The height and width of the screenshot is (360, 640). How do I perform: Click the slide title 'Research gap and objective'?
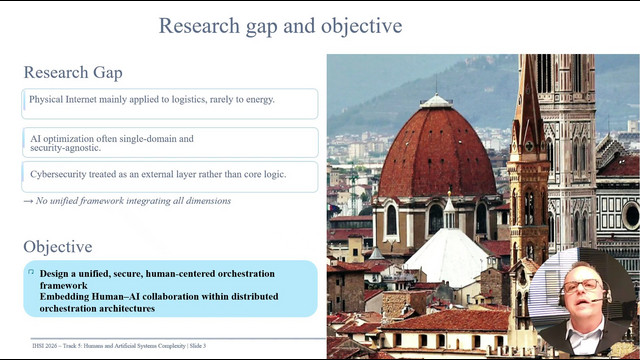280,26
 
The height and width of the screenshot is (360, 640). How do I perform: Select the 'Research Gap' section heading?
73,73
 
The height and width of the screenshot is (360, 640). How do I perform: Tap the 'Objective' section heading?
58,247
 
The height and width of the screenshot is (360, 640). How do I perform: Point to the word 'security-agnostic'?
65,148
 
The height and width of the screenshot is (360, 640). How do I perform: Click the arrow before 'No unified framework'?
28,201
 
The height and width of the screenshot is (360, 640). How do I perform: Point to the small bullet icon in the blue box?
31,272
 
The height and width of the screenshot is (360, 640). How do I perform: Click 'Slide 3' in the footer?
198,346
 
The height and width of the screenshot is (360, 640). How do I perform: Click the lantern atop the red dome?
436,100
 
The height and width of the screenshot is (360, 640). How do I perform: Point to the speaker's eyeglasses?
582,285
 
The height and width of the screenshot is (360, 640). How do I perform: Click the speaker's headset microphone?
598,301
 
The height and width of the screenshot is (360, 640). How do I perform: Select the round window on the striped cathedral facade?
631,216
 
